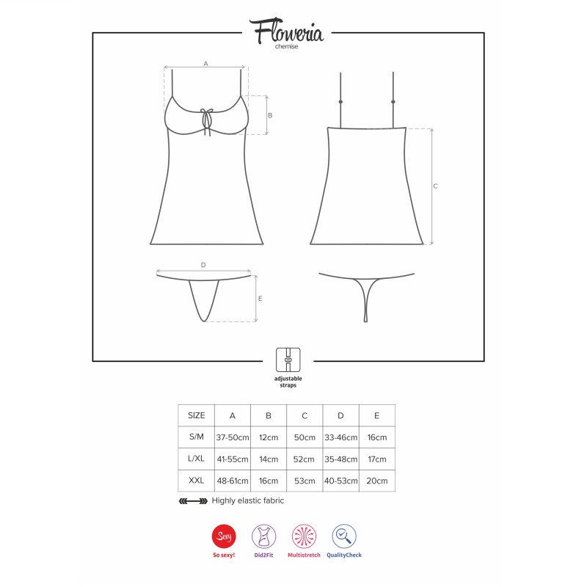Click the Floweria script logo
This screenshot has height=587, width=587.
(x=286, y=31)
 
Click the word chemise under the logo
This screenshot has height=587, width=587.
(x=286, y=46)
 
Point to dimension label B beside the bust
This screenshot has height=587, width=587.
(x=270, y=115)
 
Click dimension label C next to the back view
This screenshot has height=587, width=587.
(x=435, y=186)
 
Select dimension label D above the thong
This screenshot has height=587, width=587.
(x=203, y=265)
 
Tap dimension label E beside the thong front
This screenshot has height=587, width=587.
(x=260, y=299)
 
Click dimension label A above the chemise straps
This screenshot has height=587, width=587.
(x=205, y=64)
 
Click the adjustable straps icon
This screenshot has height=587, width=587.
(x=288, y=360)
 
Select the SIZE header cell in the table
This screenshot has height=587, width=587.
(x=196, y=415)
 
